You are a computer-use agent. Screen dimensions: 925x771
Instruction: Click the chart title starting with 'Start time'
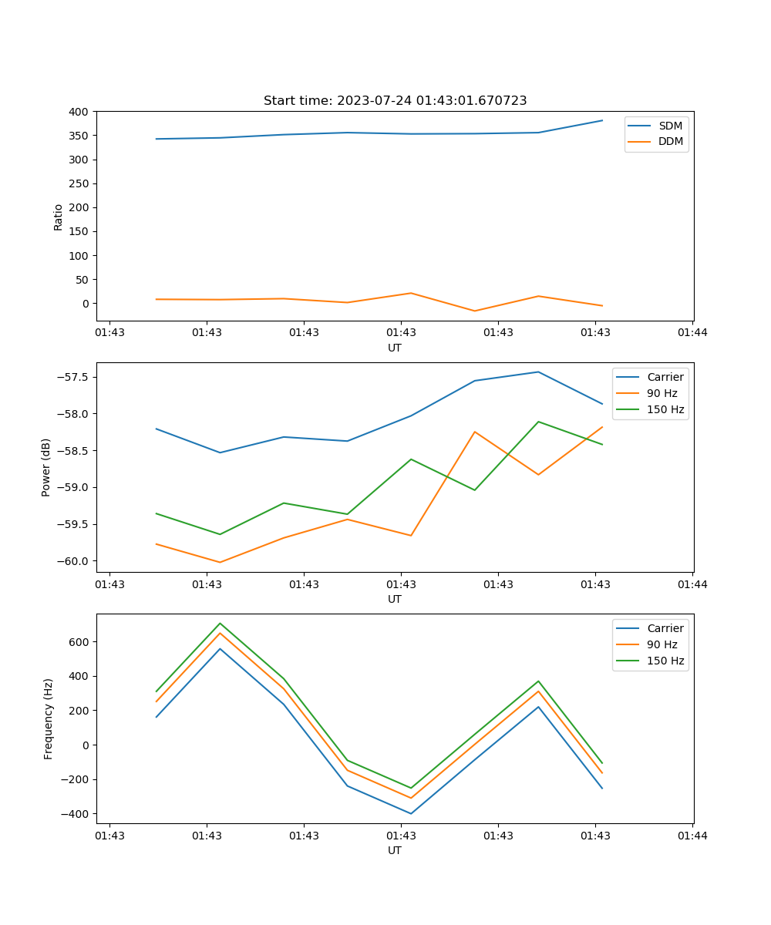[395, 100]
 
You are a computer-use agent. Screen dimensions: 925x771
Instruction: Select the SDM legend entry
[670, 126]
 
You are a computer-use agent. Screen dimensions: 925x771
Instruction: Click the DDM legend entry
[670, 141]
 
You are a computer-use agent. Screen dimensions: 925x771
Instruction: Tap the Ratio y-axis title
[59, 217]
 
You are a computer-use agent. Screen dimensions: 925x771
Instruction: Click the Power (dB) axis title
[46, 467]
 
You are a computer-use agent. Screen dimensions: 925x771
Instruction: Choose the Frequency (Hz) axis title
[48, 718]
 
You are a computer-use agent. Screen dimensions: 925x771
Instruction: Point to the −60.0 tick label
[72, 561]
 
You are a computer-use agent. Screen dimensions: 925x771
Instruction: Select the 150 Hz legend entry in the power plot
[665, 409]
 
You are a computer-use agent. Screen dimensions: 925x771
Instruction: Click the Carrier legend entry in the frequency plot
[665, 628]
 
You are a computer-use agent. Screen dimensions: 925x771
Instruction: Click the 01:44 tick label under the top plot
[692, 333]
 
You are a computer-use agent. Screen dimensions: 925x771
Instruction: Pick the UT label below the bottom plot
[395, 850]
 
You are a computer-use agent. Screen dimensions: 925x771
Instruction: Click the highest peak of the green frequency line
[220, 623]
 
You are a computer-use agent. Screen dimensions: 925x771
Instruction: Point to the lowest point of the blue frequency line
[411, 813]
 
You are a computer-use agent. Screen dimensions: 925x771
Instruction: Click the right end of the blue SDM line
[602, 120]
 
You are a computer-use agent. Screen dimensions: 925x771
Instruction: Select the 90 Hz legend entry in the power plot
[662, 393]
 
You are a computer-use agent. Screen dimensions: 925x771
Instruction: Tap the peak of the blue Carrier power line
[538, 372]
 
